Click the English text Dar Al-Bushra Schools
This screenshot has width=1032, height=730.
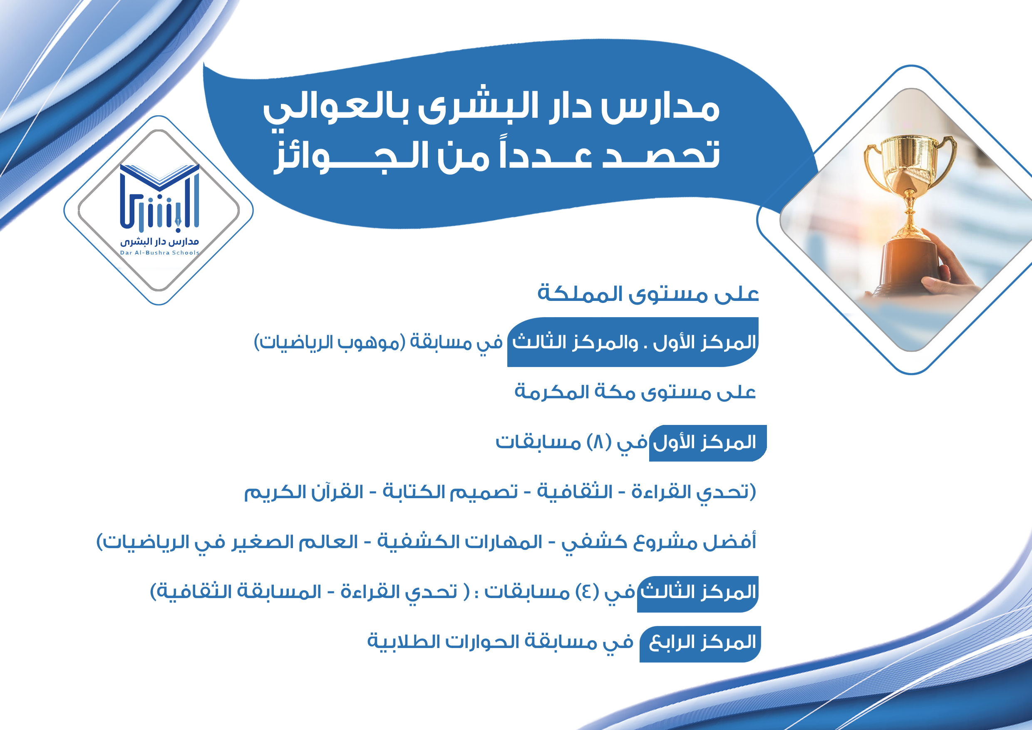[x=159, y=253]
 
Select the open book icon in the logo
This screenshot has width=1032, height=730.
[x=159, y=176]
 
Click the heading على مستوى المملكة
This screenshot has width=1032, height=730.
[x=648, y=293]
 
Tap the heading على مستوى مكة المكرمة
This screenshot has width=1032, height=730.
[x=635, y=392]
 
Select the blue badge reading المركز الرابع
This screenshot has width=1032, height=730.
[x=700, y=644]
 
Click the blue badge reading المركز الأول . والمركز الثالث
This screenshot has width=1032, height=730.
[x=633, y=342]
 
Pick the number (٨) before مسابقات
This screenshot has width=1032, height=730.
[x=599, y=442]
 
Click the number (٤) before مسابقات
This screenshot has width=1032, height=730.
[x=587, y=592]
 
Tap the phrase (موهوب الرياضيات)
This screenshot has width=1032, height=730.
[x=330, y=342]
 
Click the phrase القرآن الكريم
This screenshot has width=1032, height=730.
[x=303, y=492]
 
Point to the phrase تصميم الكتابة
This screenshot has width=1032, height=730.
[x=450, y=492]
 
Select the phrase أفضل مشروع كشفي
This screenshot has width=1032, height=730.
[x=659, y=541]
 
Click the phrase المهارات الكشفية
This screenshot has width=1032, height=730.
[x=460, y=541]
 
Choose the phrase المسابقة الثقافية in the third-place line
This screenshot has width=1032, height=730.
[x=236, y=592]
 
